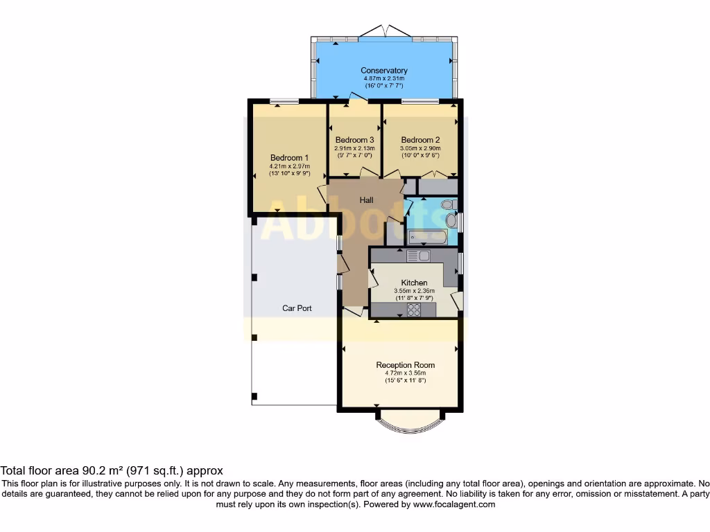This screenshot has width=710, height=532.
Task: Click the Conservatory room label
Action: [x=383, y=71]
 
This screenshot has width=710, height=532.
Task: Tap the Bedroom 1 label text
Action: [x=289, y=157]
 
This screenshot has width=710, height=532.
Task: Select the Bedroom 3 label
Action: [x=354, y=140]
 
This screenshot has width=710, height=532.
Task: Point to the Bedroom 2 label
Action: [x=420, y=140]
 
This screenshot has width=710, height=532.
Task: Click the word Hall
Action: [x=366, y=200]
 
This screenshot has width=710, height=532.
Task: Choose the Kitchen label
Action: [x=414, y=283]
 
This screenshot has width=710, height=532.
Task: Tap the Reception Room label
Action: [x=406, y=365]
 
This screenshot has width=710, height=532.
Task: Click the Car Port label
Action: [x=296, y=308]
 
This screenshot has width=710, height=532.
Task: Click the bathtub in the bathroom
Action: [x=426, y=238]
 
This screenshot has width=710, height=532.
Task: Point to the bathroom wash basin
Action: [x=451, y=220]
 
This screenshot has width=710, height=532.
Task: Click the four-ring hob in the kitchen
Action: [x=415, y=310]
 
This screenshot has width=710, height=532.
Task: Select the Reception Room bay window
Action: [x=409, y=421]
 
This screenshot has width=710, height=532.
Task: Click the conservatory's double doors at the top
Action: [x=384, y=32]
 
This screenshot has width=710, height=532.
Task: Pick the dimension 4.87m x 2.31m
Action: [x=383, y=79]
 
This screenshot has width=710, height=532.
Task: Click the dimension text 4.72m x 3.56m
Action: [x=406, y=373]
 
